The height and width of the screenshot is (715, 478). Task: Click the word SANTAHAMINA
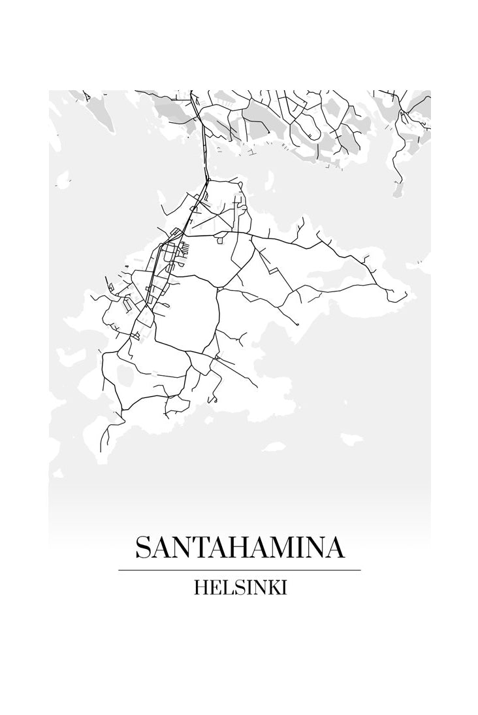click(239, 548)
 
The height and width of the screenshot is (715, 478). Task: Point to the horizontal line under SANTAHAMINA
click(239, 570)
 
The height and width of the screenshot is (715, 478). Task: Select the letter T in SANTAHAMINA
click(200, 548)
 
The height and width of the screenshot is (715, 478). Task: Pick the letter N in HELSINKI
click(257, 588)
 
